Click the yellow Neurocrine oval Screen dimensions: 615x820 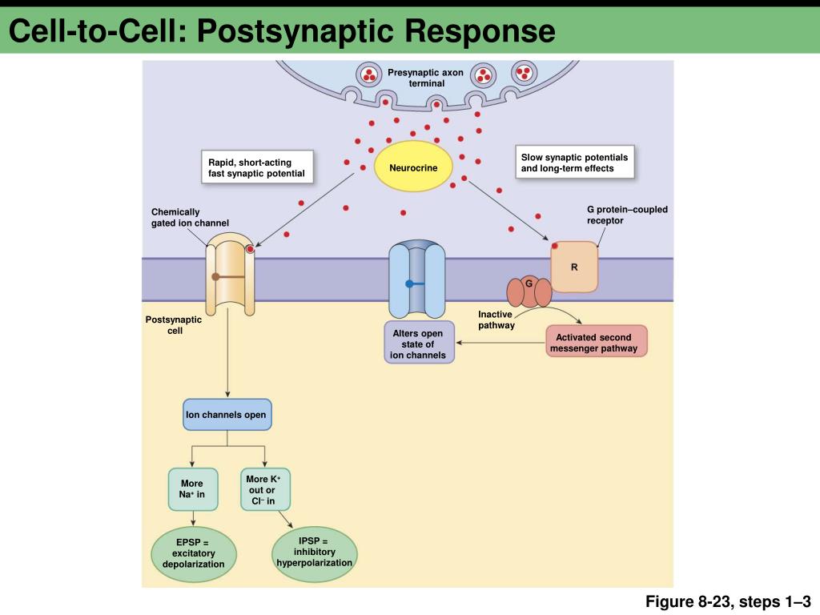coord(413,167)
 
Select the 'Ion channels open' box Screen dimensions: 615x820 coord(227,416)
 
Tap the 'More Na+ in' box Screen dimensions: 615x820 coord(192,489)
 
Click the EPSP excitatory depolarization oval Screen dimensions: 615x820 coord(194,553)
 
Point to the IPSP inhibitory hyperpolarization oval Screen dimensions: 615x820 coord(314,553)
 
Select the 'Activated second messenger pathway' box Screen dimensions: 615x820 coord(597,343)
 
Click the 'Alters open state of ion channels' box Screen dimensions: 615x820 coord(418,344)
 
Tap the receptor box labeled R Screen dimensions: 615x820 coord(574,267)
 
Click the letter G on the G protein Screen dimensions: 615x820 coord(529,283)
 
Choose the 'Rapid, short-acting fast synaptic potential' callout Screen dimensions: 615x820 coord(256,168)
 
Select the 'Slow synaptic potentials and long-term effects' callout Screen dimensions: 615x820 coord(574,163)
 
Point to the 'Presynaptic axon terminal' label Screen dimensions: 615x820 coord(426,78)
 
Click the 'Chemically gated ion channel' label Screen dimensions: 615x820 coord(190,217)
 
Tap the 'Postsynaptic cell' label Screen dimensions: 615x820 coord(174,325)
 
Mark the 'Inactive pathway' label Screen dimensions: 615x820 coord(496,320)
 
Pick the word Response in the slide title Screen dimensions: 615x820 coord(479,31)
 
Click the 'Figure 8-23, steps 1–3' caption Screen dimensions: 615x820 coord(729,601)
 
